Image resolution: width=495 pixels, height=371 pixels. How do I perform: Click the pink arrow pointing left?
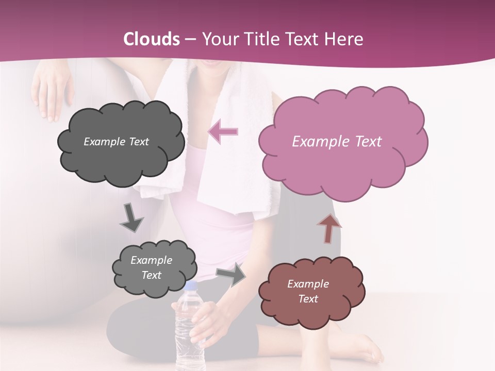tap(223, 132)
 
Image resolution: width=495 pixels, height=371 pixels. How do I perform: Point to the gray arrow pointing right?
tap(231, 275)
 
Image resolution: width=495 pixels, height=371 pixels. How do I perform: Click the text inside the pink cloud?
tap(337, 142)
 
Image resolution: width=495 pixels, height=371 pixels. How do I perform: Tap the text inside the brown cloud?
tap(308, 291)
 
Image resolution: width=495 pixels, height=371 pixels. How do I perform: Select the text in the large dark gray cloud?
tap(116, 142)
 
